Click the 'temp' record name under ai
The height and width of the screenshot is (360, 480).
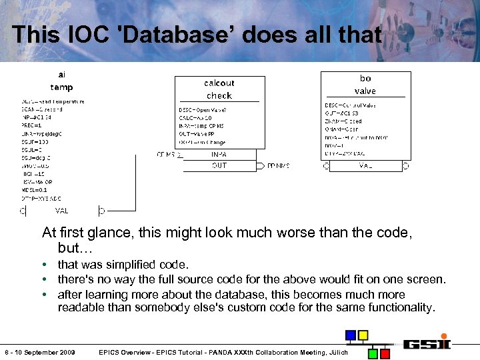(x=62, y=87)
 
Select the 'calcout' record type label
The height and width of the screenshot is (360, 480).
(x=219, y=83)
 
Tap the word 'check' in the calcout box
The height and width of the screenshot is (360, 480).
(x=219, y=95)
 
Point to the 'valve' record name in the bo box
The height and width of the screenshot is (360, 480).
(x=365, y=91)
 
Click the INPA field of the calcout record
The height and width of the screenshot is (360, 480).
(x=219, y=154)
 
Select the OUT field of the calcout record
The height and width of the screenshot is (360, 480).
(x=219, y=165)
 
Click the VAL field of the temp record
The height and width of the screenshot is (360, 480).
(x=62, y=211)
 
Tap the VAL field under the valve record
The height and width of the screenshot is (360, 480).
(x=365, y=165)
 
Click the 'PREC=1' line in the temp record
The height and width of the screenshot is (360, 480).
(x=32, y=125)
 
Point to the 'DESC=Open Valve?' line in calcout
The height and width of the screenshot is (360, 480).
(x=203, y=110)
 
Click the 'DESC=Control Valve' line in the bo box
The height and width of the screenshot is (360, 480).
(x=351, y=105)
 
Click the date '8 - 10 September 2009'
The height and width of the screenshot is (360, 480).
(x=40, y=352)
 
